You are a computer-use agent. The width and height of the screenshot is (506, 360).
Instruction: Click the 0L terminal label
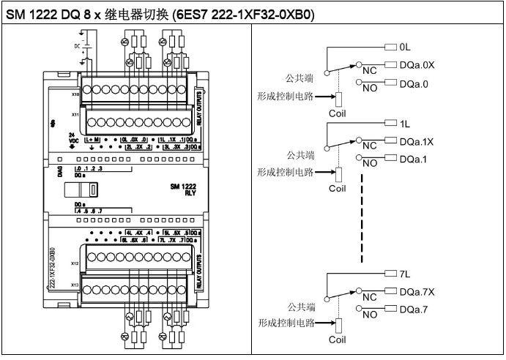tap(406, 46)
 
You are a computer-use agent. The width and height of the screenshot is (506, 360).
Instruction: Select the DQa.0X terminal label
tap(418, 64)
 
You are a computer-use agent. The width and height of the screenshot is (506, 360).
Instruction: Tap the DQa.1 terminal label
tap(414, 159)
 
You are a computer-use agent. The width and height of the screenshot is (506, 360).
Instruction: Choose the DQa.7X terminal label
tap(418, 292)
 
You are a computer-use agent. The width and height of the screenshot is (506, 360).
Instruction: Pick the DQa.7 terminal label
tap(414, 310)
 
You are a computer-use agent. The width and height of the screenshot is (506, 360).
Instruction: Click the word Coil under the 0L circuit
tap(338, 113)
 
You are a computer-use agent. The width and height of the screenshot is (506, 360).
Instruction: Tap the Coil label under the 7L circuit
tap(338, 340)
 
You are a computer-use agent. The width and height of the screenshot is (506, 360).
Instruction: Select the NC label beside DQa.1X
tap(369, 146)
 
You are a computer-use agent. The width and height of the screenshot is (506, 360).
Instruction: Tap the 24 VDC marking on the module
tap(72, 139)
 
